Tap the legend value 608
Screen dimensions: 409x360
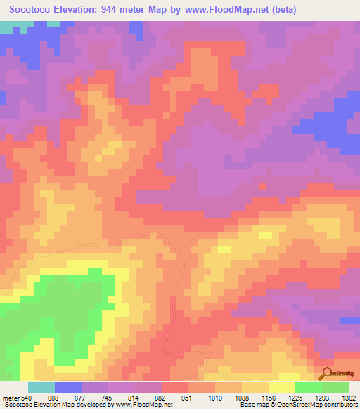pyautogui.click(x=52, y=397)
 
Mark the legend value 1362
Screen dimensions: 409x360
pyautogui.click(x=349, y=397)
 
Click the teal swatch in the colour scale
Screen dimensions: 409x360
pyautogui.click(x=41, y=387)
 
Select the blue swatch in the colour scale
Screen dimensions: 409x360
pyautogui.click(x=68, y=387)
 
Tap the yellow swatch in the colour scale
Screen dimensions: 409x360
pyautogui.click(x=281, y=387)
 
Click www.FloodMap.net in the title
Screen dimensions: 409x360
pyautogui.click(x=217, y=10)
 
